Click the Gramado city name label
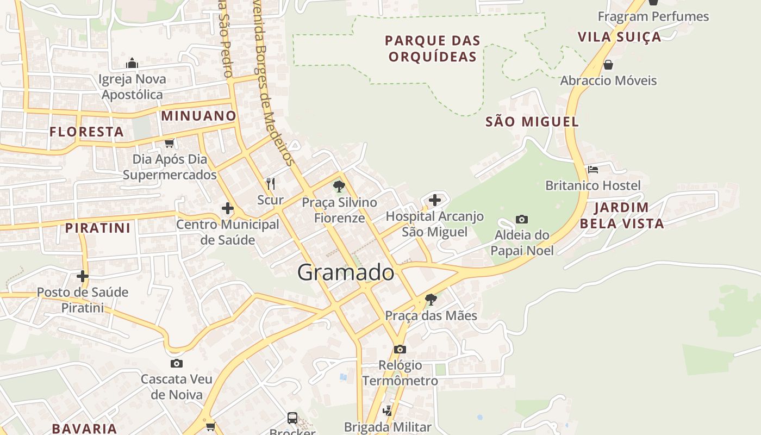(346, 272)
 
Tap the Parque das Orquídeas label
(433, 48)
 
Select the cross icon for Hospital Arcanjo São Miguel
(434, 200)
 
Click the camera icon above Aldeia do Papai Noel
(522, 219)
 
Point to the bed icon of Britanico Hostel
(593, 170)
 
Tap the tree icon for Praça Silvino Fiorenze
(339, 187)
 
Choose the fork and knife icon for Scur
(270, 184)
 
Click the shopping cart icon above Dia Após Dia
(169, 144)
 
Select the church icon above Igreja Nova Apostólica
(132, 64)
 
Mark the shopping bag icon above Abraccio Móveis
(608, 65)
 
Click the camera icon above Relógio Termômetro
(400, 349)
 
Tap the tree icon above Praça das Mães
(431, 299)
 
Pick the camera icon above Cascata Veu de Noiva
(177, 363)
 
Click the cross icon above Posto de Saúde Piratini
(83, 276)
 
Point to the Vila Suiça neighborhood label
(619, 37)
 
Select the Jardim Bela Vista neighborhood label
(622, 215)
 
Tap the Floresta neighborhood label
(86, 132)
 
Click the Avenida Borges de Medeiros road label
(273, 82)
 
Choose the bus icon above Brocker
(292, 418)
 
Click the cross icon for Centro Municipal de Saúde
(228, 208)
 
